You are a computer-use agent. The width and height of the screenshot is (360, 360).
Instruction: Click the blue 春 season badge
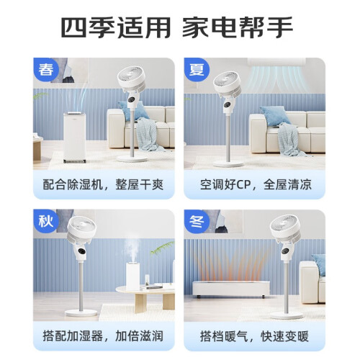[45, 69]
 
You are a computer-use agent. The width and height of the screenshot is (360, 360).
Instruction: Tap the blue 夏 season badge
[197, 69]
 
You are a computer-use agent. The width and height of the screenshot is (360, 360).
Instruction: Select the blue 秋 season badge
[45, 221]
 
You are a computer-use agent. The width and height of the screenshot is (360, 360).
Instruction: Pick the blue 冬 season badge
[197, 221]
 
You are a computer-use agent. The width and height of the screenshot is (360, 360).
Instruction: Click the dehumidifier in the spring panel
[74, 137]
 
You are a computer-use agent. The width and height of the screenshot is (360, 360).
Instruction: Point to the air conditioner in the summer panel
[276, 62]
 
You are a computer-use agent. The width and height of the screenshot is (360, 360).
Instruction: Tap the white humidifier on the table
[133, 276]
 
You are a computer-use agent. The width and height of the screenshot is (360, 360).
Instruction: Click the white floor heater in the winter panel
[231, 289]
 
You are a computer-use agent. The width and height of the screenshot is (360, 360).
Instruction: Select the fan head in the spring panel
[132, 77]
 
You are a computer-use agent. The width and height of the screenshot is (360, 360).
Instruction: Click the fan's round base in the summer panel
[228, 164]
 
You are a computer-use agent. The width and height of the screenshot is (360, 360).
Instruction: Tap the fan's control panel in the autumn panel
[81, 251]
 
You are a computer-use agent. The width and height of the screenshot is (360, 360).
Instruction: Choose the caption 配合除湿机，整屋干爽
[103, 184]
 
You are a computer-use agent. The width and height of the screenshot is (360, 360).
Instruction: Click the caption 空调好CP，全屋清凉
[256, 184]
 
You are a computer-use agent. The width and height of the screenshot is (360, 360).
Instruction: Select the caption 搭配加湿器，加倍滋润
[103, 336]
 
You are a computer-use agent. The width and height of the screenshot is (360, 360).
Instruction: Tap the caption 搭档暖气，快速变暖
[254, 336]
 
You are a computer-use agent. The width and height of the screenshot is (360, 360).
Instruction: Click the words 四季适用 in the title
[116, 27]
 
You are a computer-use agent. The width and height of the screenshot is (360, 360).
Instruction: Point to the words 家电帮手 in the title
[238, 27]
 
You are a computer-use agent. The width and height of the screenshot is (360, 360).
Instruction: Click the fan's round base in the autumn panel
[81, 312]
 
